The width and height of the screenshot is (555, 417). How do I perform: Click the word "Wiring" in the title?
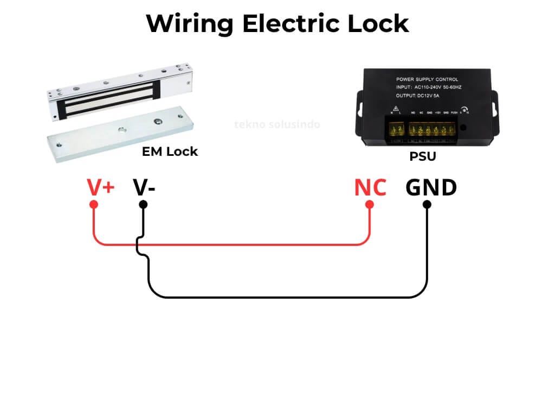click(x=190, y=23)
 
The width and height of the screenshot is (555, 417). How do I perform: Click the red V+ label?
click(x=101, y=187)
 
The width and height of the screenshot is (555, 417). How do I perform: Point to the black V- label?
click(x=144, y=187)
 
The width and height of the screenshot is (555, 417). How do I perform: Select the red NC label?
click(x=370, y=187)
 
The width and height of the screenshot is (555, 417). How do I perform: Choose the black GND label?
click(x=431, y=187)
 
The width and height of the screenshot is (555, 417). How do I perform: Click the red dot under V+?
click(x=93, y=205)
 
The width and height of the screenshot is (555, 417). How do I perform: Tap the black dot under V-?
click(x=143, y=205)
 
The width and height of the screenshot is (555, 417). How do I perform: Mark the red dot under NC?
click(x=370, y=205)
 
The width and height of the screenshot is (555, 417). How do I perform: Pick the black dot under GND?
click(x=427, y=205)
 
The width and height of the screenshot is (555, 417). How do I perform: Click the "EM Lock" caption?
click(x=170, y=151)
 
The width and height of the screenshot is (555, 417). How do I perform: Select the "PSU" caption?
click(x=423, y=157)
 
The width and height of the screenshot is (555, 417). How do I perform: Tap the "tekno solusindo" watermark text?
click(x=277, y=124)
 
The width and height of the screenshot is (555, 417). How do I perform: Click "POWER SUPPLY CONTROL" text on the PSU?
click(x=427, y=79)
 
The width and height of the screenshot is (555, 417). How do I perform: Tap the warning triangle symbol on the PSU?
click(x=396, y=107)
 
